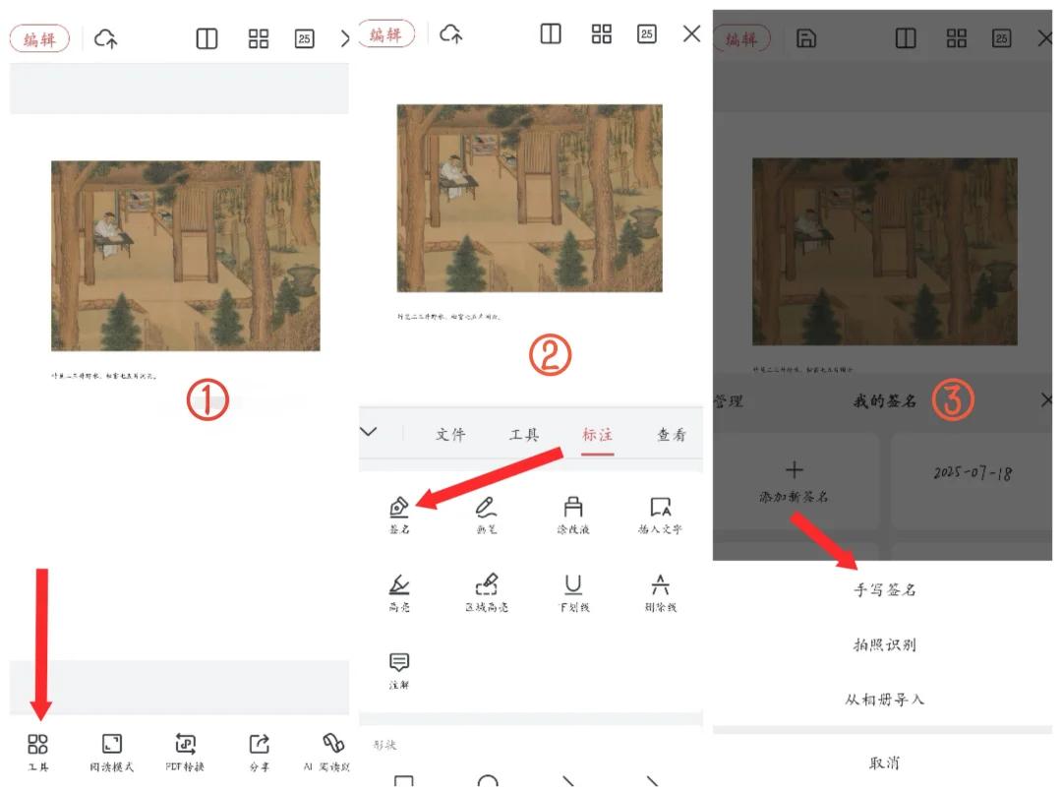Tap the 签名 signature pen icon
[398, 508]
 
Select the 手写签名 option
[884, 590]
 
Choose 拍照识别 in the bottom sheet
[884, 645]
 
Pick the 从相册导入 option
[884, 700]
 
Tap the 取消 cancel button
[884, 763]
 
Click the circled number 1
[207, 400]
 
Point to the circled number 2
[550, 357]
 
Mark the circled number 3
[953, 399]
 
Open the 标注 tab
[597, 435]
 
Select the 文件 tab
[450, 435]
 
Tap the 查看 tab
[672, 435]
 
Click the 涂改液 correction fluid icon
[572, 508]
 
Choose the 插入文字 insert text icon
[660, 508]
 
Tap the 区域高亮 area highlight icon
[486, 586]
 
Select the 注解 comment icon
[399, 663]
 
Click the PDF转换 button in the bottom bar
[186, 745]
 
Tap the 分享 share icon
[259, 745]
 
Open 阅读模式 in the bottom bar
[112, 745]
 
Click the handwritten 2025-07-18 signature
[973, 474]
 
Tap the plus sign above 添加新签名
[795, 470]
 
